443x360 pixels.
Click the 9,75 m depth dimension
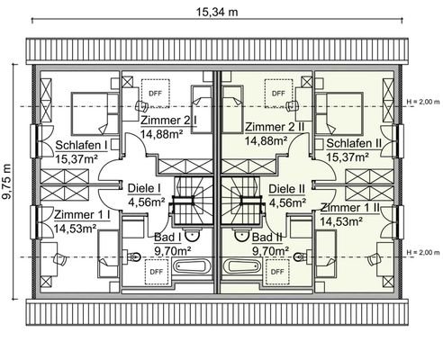pyautogui.click(x=9, y=179)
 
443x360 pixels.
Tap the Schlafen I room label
pyautogui.click(x=81, y=145)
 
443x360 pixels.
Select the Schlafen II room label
pyautogui.click(x=355, y=143)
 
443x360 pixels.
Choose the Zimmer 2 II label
pyautogui.click(x=276, y=127)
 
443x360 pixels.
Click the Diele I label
pyautogui.click(x=144, y=189)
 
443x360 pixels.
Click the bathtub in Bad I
pyautogui.click(x=193, y=267)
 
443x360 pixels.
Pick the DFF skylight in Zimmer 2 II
pyautogui.click(x=277, y=92)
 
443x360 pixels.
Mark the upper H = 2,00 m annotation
pyautogui.click(x=422, y=101)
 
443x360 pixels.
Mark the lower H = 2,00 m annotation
pyautogui.click(x=422, y=251)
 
